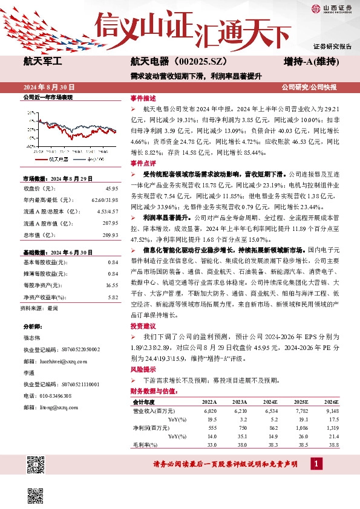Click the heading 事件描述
[x=143, y=97]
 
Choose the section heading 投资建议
[x=143, y=325]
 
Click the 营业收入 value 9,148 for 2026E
[x=333, y=410]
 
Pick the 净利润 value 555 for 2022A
[x=209, y=428]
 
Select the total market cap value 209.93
[x=110, y=235]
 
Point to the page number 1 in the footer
[x=315, y=464]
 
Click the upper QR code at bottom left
[x=35, y=464]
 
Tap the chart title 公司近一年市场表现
[x=48, y=97]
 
